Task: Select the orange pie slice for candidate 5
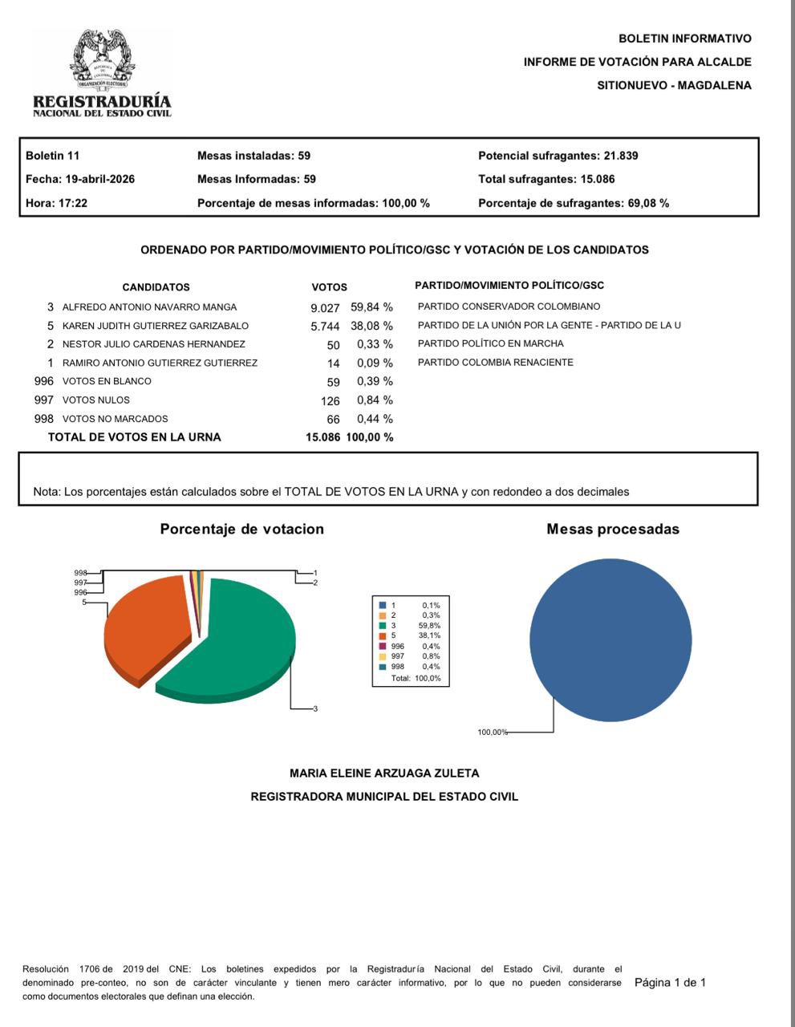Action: [144, 626]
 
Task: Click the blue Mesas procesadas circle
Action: [610, 639]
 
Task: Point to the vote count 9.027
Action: [325, 307]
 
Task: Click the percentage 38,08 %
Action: [371, 326]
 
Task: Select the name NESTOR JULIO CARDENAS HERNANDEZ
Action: [154, 344]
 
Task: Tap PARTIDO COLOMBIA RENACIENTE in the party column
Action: [496, 363]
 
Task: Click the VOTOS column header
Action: [329, 287]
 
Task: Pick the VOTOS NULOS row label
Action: [96, 400]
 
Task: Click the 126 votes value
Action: [330, 400]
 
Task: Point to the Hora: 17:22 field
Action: [56, 203]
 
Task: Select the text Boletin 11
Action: [52, 156]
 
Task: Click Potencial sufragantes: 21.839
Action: [558, 156]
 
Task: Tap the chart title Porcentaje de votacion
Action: [241, 529]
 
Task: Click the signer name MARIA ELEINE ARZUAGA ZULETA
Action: [384, 773]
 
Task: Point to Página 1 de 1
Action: [670, 983]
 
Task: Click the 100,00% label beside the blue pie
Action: [493, 733]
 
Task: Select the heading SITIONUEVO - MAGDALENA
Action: [674, 85]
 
